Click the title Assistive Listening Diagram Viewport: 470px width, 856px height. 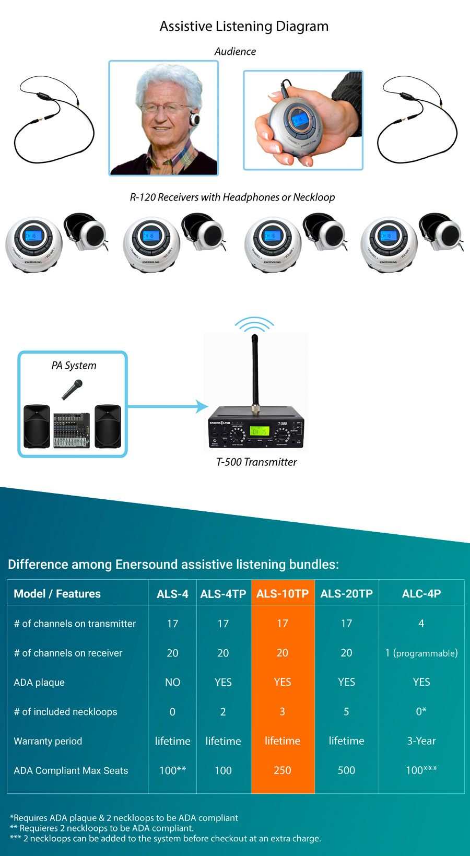point(244,26)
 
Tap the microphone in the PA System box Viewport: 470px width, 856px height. point(73,390)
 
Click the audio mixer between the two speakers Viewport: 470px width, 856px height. point(72,430)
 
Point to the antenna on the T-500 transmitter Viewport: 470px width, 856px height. point(255,371)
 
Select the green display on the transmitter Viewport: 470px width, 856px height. point(259,431)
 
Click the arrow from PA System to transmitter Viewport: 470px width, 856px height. point(167,406)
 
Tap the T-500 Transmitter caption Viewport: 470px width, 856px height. point(256,462)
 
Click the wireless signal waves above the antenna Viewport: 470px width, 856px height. point(254,324)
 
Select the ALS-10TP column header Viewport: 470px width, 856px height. point(283,594)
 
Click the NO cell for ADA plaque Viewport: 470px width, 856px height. point(172,682)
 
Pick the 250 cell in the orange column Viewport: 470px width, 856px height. point(283,770)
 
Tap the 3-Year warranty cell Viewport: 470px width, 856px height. point(421,741)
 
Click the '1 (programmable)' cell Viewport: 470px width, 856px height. point(421,653)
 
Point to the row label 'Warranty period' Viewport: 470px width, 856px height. point(48,741)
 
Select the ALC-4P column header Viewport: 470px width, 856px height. point(421,594)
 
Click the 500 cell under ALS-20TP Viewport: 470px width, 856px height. point(346,770)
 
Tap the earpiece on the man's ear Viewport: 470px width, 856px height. point(195,119)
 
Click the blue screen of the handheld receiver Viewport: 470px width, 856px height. point(298,120)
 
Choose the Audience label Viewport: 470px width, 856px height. point(235,52)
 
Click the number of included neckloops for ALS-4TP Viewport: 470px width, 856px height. point(223,712)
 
